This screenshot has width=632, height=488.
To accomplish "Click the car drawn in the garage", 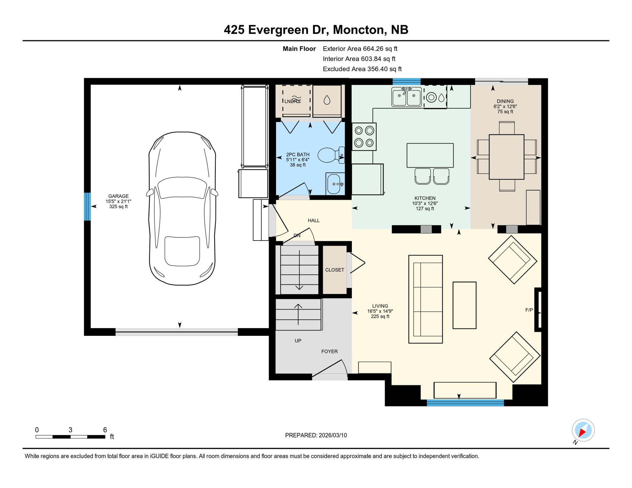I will pos(182,208).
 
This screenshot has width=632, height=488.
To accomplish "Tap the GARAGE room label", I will pos(118,196).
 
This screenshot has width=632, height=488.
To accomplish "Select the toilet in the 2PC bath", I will pos(331,155).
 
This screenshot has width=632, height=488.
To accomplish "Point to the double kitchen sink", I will pos(406,97).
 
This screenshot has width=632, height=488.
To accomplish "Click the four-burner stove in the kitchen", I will pos(364,137).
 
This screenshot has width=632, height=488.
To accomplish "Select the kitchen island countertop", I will pos(430,155).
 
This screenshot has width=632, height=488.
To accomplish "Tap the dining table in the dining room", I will pos(506,157).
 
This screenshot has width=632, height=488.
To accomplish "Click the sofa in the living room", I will pos(425,299).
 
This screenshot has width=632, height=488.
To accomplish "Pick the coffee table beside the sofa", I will pos(464,305).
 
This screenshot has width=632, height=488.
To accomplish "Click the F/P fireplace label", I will pos(529,310).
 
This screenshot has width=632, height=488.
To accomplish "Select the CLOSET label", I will pos(334,270).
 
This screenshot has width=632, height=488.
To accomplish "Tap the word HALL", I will pos(313,220).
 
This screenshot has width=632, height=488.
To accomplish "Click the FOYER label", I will pos(329,351).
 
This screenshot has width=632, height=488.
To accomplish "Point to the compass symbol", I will pos(583,430).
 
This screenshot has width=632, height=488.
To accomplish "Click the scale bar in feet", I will pos(70,437).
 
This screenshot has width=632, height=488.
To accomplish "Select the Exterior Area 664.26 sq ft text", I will pos(360,49).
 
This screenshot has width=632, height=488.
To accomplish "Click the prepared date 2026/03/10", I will pos(316,435).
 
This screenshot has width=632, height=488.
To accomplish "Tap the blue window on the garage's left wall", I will pos(87,207).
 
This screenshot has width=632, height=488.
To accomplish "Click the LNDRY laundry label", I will pos(292,101).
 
